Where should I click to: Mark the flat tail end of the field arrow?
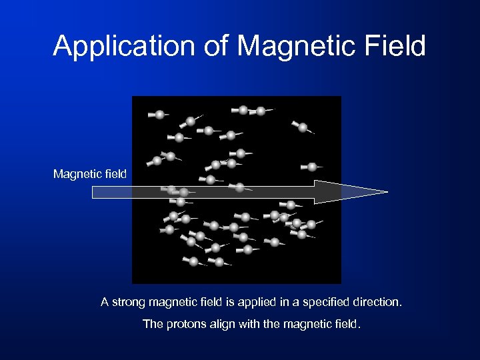(x=94, y=192)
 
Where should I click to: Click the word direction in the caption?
(x=377, y=303)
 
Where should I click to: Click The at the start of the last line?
(x=153, y=325)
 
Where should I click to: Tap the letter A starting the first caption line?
(x=105, y=303)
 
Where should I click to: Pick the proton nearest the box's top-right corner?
(x=303, y=127)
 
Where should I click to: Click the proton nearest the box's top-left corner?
(x=160, y=115)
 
